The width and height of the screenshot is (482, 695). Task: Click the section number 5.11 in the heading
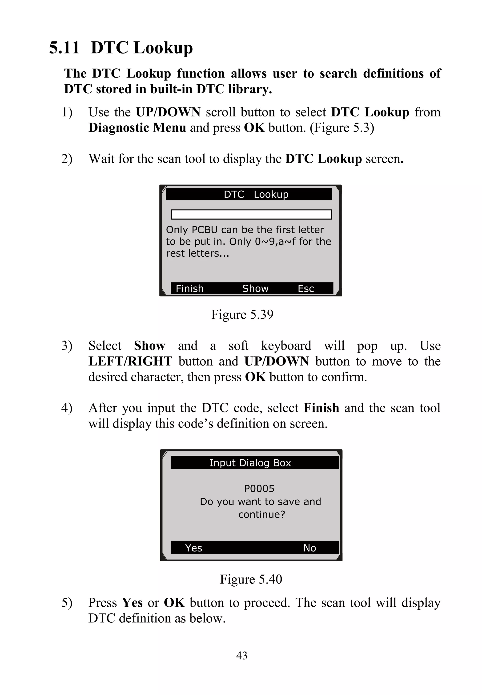tap(64, 48)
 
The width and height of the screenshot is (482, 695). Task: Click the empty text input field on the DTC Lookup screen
tap(251, 214)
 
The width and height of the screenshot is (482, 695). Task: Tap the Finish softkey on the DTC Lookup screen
tap(189, 288)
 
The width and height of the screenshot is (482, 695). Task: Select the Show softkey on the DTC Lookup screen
tap(255, 288)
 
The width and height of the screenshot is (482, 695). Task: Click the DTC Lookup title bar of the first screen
tap(249, 194)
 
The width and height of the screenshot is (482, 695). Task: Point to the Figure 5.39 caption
tap(242, 315)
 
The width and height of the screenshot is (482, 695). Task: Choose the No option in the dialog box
tap(309, 548)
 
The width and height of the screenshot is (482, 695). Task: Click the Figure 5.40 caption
tap(251, 579)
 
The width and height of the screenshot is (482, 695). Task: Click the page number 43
tap(242, 656)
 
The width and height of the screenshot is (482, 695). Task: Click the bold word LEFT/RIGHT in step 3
tap(130, 362)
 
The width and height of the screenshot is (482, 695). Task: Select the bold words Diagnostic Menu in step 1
tap(137, 128)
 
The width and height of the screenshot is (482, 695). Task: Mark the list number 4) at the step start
tap(67, 408)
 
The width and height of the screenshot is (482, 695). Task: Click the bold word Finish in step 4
tap(321, 408)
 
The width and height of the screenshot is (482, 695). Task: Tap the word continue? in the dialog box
tap(261, 514)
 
